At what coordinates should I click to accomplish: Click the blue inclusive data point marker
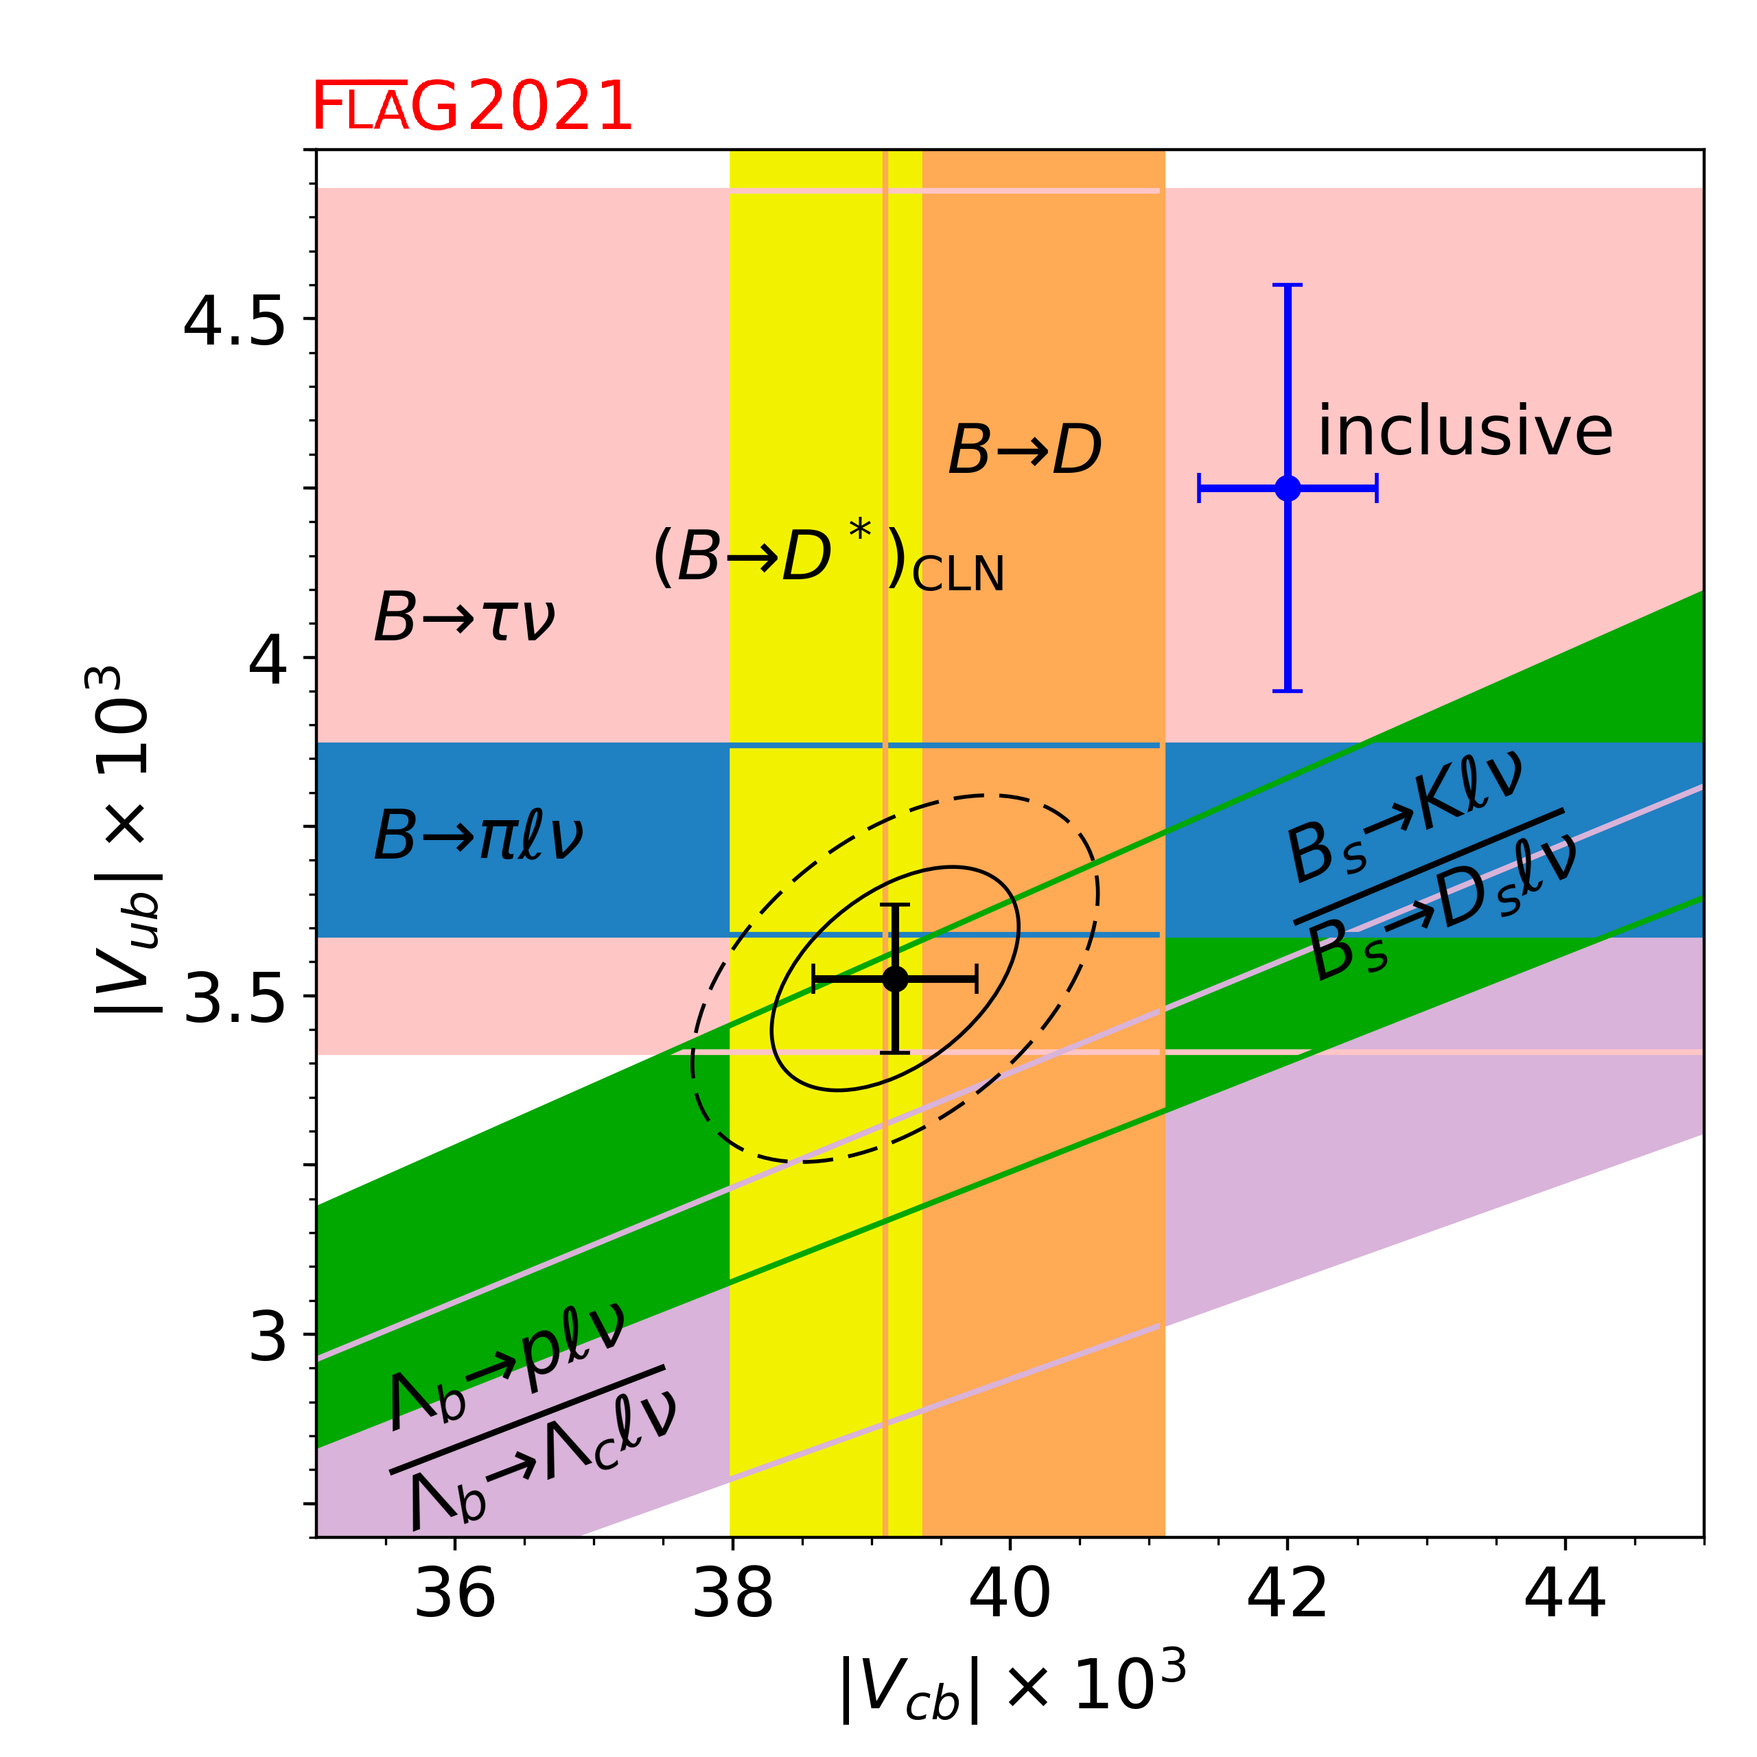1288,489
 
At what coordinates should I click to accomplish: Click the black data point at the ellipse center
895,979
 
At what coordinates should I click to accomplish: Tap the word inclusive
1464,431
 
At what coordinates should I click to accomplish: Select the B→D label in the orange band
1025,450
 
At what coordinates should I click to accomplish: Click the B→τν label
465,618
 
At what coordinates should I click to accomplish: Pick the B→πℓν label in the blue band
478,835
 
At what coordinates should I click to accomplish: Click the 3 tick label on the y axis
268,1337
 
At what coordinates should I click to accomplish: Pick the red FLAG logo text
384,106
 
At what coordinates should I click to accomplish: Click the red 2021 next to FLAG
550,106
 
